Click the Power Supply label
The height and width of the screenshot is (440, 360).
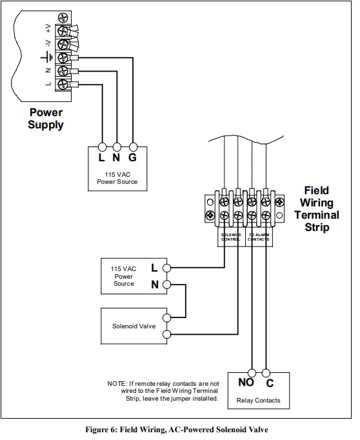coord(45,118)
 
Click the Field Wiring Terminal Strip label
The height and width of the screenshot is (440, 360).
coord(316,209)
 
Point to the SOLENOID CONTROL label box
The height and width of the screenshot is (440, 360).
coord(231,237)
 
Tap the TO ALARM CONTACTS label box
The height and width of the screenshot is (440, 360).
coord(259,237)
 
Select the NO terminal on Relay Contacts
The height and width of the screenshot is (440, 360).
coord(246,382)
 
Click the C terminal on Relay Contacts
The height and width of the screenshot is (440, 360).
coord(270,382)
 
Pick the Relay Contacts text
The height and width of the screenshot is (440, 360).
coord(258,401)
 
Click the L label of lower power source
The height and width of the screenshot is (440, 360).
coord(154,267)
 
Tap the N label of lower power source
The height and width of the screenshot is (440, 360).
coord(154,285)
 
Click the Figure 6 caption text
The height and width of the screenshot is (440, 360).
coord(176,429)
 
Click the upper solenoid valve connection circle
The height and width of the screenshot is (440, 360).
coord(166,317)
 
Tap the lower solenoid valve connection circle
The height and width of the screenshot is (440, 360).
coord(166,334)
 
